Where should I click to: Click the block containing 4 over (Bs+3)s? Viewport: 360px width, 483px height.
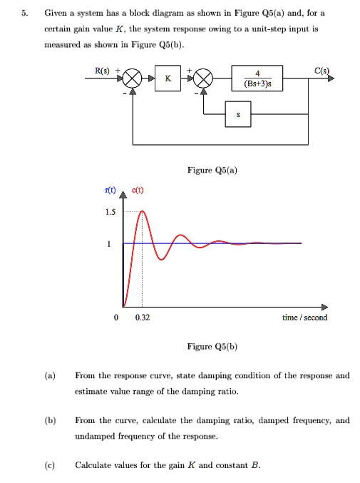pyautogui.click(x=257, y=78)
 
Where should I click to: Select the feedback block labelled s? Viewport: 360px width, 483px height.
pyautogui.click(x=238, y=114)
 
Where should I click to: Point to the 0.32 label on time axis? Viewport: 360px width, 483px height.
pyautogui.click(x=142, y=317)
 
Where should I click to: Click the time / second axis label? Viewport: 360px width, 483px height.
pyautogui.click(x=304, y=317)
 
